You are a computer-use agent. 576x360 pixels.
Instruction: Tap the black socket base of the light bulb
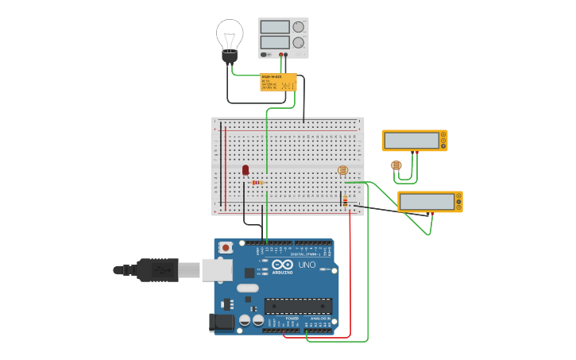[x=230, y=56]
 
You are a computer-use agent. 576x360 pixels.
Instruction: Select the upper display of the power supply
[x=274, y=26]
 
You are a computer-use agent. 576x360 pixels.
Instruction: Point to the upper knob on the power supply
[x=299, y=27]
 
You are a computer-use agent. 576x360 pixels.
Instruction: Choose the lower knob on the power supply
[x=299, y=42]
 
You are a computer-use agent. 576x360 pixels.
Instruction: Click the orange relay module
[x=278, y=82]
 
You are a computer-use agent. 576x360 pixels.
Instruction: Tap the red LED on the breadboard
[x=245, y=169]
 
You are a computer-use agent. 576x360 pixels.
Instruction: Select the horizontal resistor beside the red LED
[x=257, y=182]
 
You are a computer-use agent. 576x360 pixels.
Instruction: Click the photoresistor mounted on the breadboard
[x=343, y=170]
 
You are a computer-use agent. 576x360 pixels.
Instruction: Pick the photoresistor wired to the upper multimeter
[x=396, y=165]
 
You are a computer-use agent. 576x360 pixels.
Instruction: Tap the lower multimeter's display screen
[x=427, y=202]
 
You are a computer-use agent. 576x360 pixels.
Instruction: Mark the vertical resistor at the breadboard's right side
[x=345, y=202]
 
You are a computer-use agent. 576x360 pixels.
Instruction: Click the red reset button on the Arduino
[x=226, y=247]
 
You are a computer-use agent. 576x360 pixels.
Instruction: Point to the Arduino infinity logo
[x=283, y=265]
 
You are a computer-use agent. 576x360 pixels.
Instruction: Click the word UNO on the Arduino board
[x=307, y=265]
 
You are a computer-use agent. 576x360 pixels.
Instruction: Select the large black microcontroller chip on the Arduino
[x=298, y=306]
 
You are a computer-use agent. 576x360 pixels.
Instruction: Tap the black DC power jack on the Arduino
[x=222, y=322]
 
